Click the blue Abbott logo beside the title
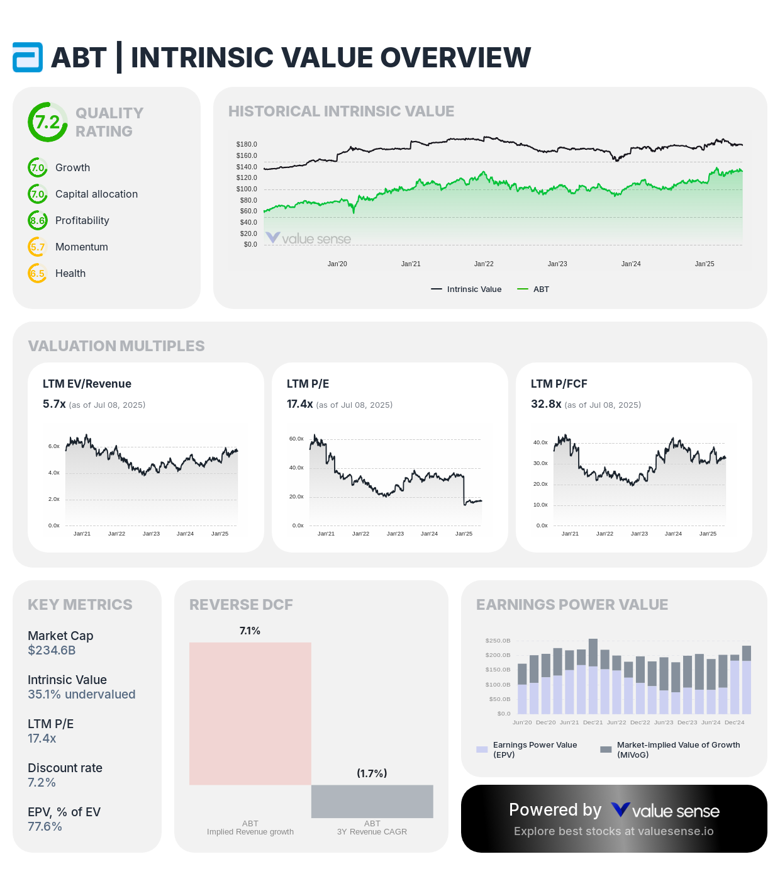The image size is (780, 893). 28,57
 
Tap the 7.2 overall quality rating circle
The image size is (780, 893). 47,122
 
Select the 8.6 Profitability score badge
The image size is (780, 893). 38,220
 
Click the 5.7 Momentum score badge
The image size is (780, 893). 38,247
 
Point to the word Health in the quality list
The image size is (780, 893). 70,273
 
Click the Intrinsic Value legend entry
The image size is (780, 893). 466,289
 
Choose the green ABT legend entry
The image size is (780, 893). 533,289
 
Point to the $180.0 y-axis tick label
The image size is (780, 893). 247,144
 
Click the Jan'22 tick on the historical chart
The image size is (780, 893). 484,264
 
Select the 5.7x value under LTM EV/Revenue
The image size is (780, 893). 54,404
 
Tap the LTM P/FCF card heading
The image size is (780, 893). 559,384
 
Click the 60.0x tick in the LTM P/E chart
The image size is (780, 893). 296,439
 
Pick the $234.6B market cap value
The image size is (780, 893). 52,650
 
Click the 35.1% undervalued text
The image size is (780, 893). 81,694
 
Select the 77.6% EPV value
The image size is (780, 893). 45,826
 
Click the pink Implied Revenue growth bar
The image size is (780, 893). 250,713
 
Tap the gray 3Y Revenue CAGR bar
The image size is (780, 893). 372,801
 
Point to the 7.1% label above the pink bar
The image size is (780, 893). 250,631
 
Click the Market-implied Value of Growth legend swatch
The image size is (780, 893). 606,750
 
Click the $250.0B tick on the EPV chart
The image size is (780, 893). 498,641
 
